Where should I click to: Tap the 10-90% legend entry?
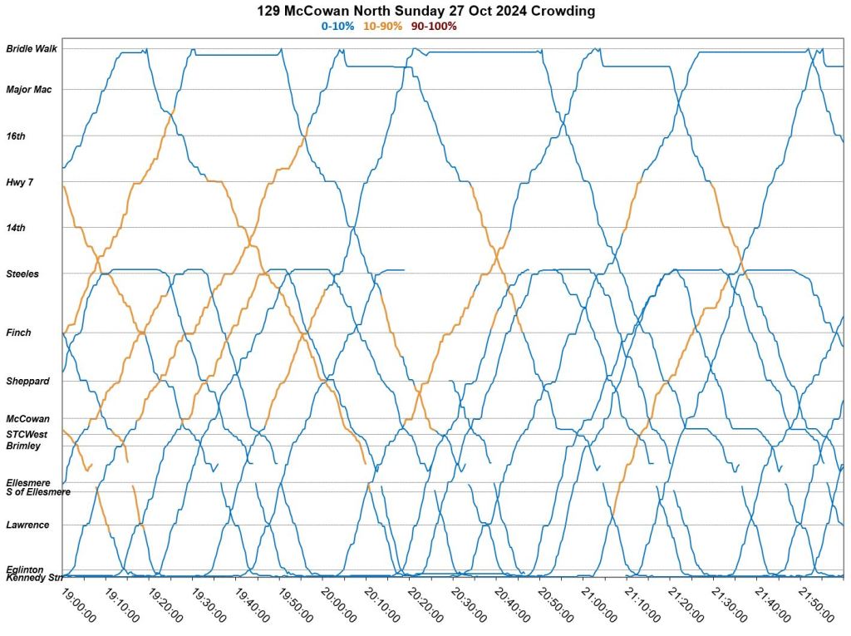382,27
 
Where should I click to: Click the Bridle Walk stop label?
32,49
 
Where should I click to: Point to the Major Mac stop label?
29,90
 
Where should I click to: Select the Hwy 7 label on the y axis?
19,182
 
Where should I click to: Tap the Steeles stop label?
22,274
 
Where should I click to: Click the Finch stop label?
18,333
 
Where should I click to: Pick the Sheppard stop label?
27,381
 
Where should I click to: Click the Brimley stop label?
23,446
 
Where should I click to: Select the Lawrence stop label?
27,525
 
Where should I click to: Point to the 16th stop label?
15,136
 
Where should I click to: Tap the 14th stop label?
16,227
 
